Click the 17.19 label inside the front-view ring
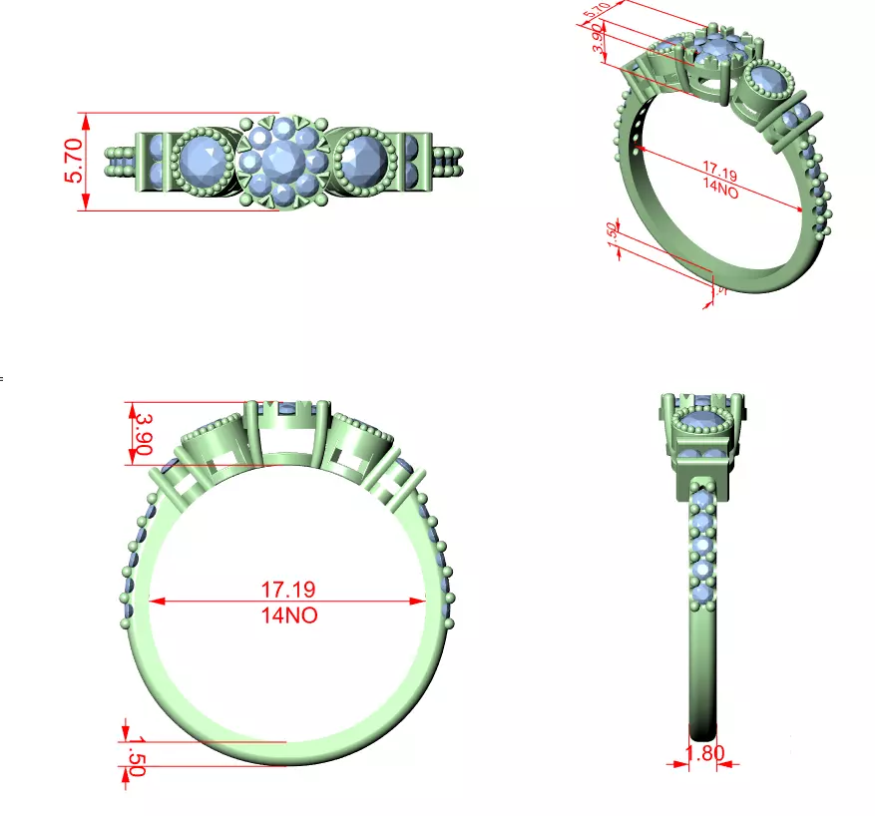click(287, 590)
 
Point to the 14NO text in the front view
click(287, 615)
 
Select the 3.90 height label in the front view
click(141, 434)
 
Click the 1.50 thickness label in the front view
click(136, 754)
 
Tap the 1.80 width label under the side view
click(704, 753)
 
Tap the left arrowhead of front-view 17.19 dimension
click(156, 603)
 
